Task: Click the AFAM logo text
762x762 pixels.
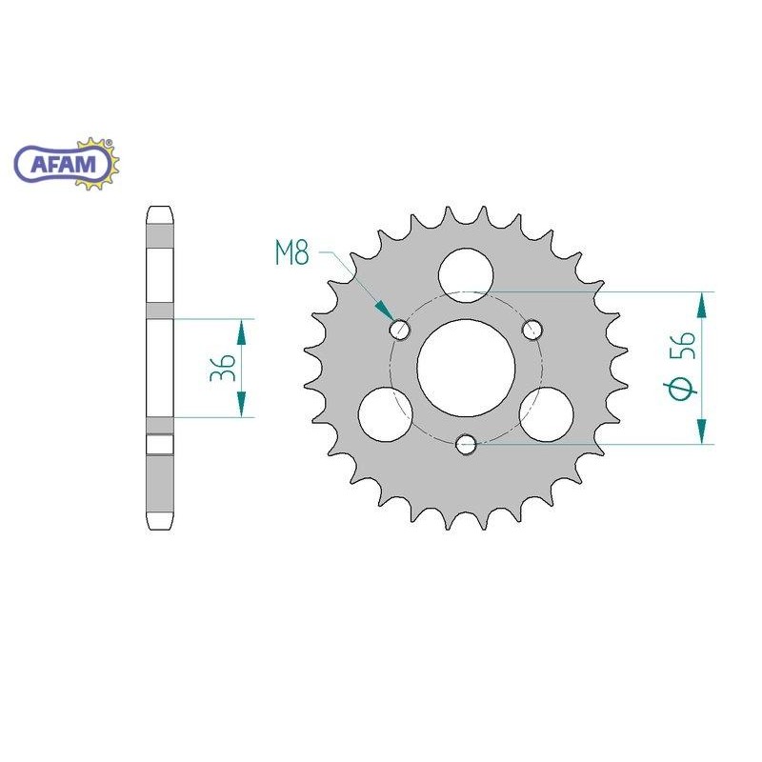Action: [63, 165]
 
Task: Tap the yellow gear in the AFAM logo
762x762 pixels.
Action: [101, 163]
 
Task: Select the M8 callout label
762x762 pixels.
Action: [292, 253]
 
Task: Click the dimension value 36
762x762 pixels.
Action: [223, 368]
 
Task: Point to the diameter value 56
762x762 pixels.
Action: [682, 346]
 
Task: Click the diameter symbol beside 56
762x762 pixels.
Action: [680, 389]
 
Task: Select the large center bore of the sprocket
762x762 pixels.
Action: [466, 368]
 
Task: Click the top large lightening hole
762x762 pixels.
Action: [466, 275]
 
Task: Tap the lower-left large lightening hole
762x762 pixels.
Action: [386, 414]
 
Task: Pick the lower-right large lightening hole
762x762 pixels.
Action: [546, 414]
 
